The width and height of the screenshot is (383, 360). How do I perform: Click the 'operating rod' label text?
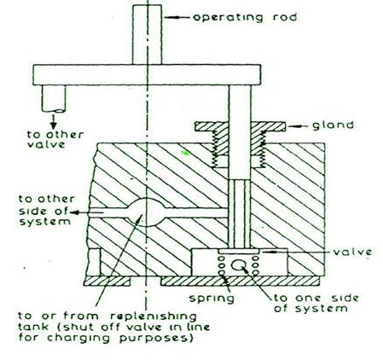(245, 17)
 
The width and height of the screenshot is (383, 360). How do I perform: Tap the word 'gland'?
(333, 125)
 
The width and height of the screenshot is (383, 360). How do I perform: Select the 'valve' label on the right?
(352, 252)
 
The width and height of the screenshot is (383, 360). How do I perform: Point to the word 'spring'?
(212, 299)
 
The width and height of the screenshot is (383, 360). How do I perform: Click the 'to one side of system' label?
(316, 303)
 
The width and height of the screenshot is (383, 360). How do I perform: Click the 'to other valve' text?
(55, 139)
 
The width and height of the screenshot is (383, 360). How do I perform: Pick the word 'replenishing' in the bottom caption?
(154, 316)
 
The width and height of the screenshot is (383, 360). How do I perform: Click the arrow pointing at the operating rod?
(177, 17)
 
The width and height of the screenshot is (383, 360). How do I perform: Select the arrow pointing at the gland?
(298, 125)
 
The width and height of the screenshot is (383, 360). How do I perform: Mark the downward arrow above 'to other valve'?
(54, 122)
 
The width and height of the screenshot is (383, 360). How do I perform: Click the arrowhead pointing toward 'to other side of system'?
(73, 212)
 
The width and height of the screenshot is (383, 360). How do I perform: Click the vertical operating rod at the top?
(147, 34)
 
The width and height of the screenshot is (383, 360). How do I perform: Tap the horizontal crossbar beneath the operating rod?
(147, 75)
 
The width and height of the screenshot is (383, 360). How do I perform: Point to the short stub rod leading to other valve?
(54, 98)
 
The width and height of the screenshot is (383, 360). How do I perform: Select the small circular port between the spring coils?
(238, 265)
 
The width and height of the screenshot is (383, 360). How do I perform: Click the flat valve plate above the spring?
(239, 252)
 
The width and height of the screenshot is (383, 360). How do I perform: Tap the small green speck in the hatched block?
(186, 153)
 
